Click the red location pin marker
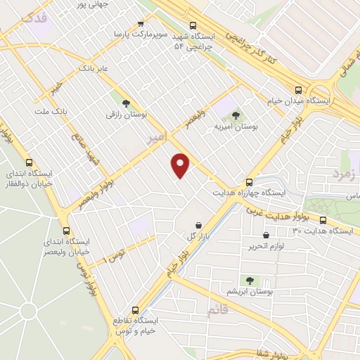(x=181, y=165)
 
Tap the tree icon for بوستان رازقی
(x=126, y=103)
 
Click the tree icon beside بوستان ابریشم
(x=247, y=280)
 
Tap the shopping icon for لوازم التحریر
(x=266, y=236)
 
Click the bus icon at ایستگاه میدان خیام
(x=300, y=90)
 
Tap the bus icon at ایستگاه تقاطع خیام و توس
(x=136, y=309)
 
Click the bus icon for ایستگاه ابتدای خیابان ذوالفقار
(x=28, y=161)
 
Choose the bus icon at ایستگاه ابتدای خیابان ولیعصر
(x=67, y=230)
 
